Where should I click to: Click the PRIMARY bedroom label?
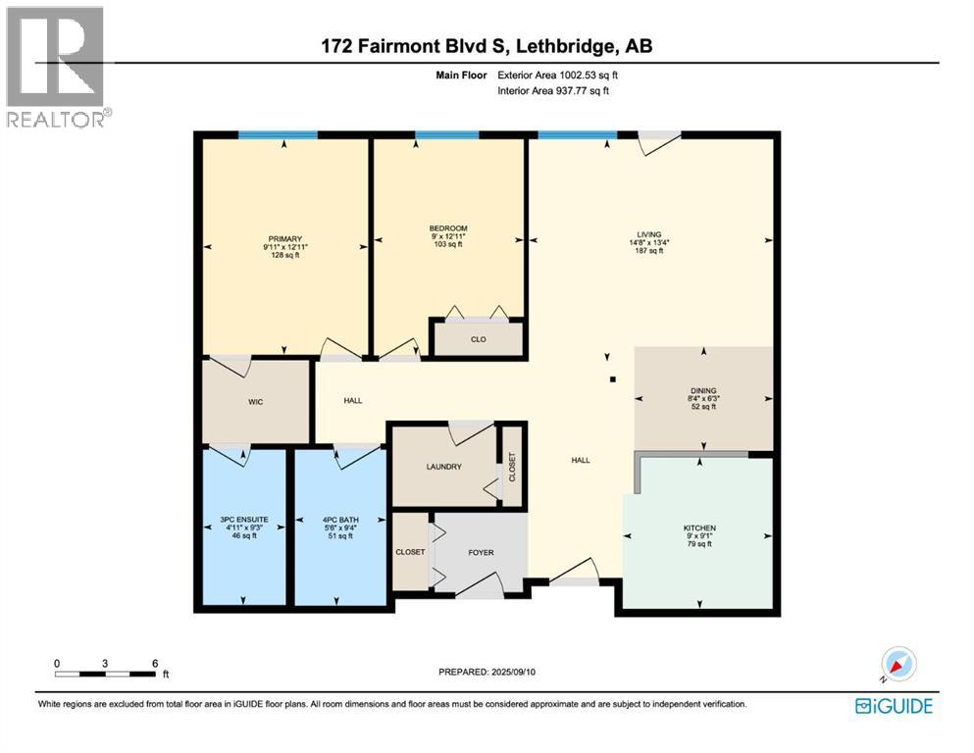click(285, 238)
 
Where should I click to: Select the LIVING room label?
click(648, 234)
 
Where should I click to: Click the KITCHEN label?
click(699, 528)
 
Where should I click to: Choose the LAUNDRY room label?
click(443, 467)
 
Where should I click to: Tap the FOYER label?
click(481, 553)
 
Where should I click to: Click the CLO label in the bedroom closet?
click(479, 340)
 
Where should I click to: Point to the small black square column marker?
click(613, 378)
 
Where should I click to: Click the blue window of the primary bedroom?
click(278, 135)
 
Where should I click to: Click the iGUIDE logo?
click(894, 705)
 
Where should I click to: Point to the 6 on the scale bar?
click(154, 663)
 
